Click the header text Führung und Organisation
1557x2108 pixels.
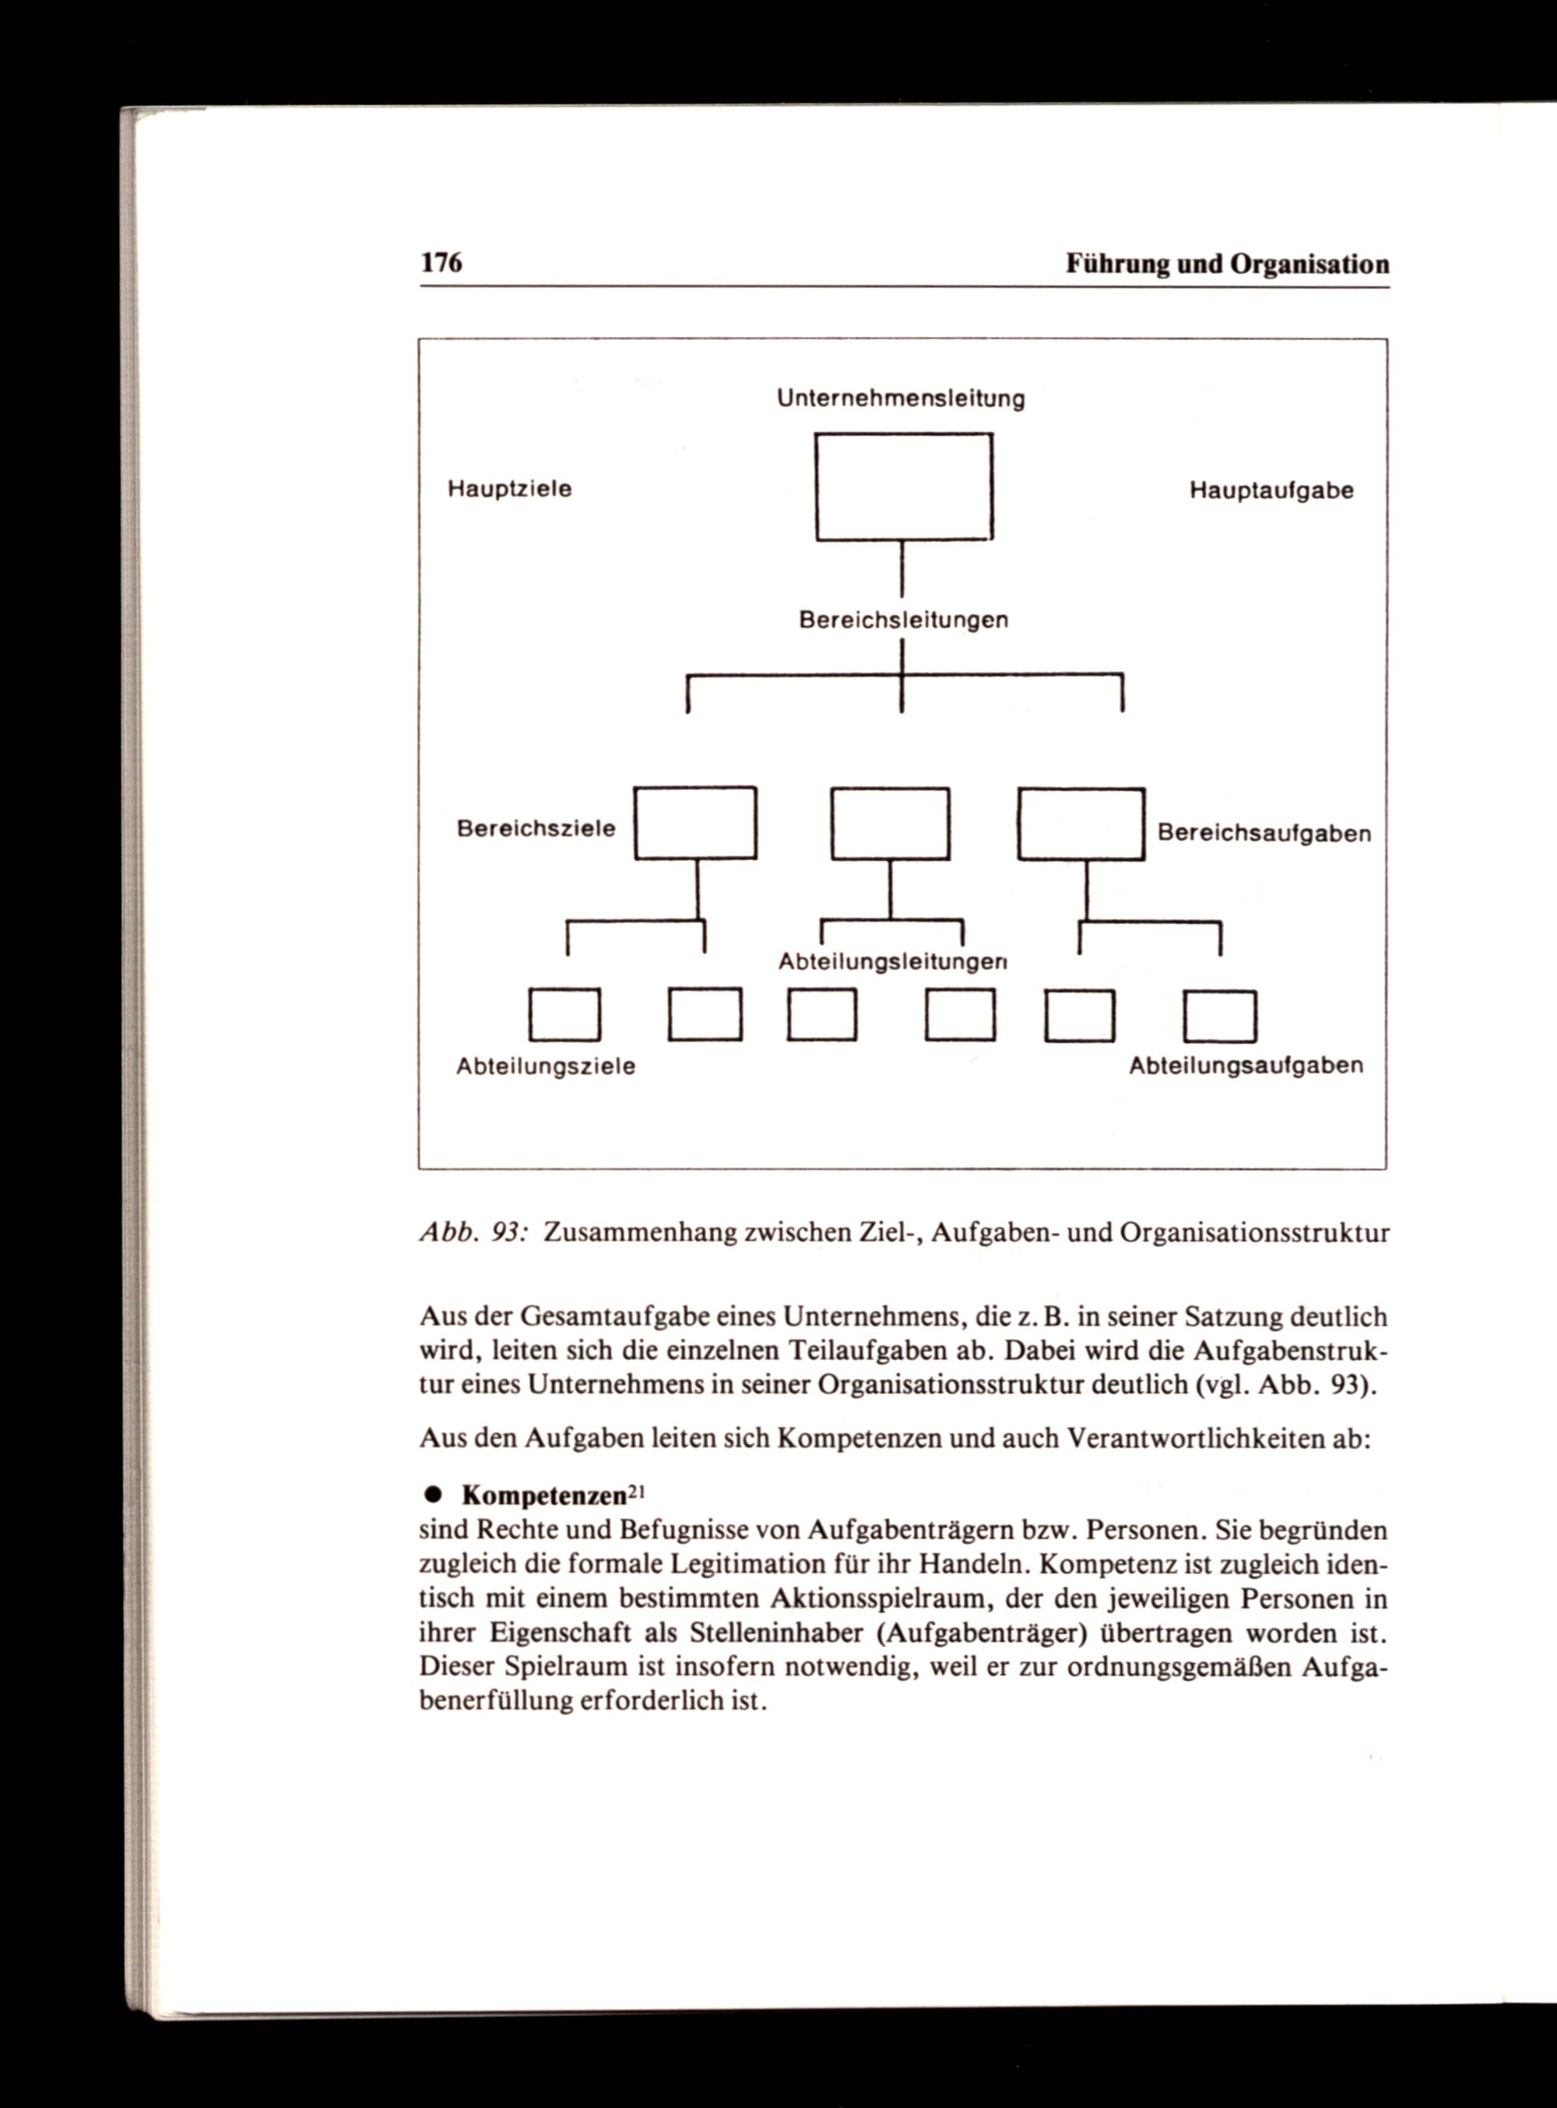coord(1227,264)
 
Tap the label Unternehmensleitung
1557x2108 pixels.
coord(900,399)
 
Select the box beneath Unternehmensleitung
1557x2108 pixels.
coord(904,487)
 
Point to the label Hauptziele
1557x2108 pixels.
coord(509,489)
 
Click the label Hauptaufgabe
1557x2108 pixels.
coord(1271,491)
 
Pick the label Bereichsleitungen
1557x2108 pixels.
coord(903,620)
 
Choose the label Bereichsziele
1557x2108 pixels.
coord(536,828)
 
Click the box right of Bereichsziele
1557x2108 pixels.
coord(695,824)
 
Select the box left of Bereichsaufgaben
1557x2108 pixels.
coord(1081,824)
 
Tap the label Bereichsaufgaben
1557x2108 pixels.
coord(1264,834)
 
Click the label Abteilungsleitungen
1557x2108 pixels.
coord(892,962)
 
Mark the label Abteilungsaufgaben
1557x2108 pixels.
coord(1246,1066)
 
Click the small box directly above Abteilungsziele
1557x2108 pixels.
coord(564,1015)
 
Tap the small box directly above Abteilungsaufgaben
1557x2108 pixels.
coord(1221,1017)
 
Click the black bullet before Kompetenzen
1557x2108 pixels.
coord(434,1495)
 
